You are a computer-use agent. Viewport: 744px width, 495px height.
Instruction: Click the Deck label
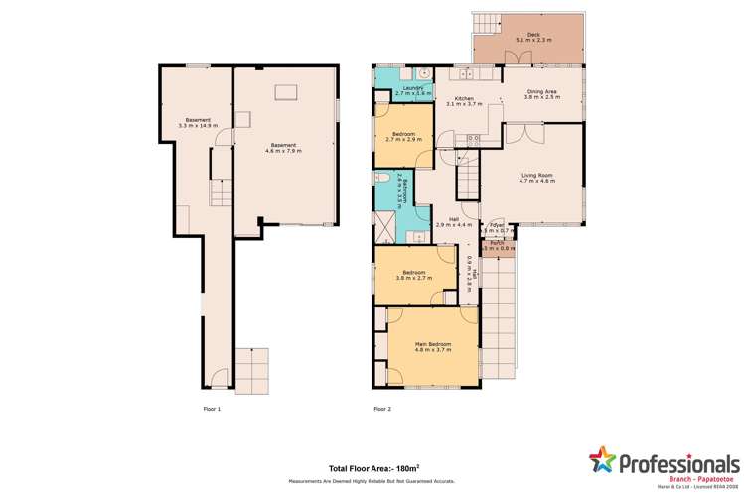pos(533,39)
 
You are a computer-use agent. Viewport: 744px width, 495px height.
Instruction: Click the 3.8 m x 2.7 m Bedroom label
pos(414,275)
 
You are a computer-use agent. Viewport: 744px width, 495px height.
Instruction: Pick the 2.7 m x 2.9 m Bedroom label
pos(403,136)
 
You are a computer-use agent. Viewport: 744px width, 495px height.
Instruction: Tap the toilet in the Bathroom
pos(381,178)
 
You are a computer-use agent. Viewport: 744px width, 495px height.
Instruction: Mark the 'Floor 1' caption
pos(212,408)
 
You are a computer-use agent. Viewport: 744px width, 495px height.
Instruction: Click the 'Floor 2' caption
pos(382,408)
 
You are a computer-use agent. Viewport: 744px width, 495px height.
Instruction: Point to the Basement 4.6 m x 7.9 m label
pos(284,149)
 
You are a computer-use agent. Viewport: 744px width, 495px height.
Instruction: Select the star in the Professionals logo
pos(602,460)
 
